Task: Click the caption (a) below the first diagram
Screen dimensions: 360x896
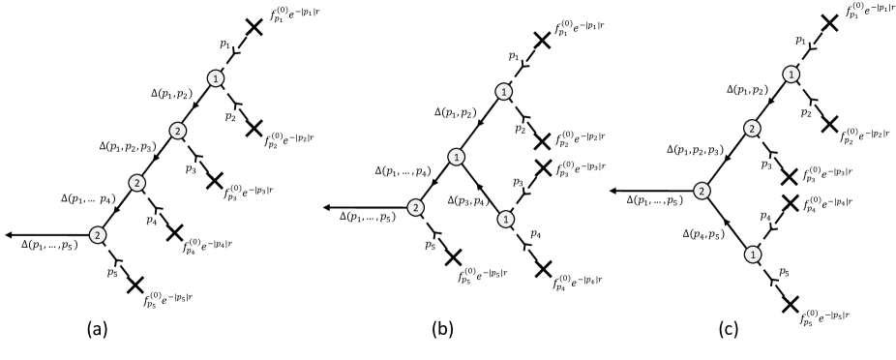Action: coord(96,329)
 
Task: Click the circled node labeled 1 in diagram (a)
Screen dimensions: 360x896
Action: coord(216,78)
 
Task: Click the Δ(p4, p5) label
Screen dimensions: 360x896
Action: coord(703,233)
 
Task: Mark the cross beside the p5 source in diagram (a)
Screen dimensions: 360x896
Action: coord(134,285)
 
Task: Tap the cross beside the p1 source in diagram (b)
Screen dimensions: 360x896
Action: coord(541,41)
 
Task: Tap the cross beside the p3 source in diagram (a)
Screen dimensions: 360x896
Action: coord(214,181)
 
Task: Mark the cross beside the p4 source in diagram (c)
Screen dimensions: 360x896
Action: coord(790,203)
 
